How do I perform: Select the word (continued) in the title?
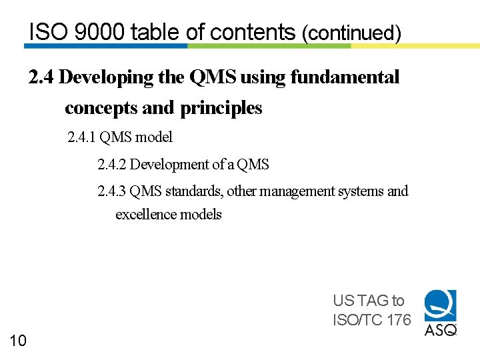351,33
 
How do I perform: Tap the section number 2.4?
41,77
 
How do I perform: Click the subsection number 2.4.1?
81,137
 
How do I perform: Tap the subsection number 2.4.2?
111,164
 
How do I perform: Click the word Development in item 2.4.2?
165,164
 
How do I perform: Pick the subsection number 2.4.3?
111,191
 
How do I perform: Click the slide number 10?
18,341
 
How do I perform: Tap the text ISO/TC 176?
371,320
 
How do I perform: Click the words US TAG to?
368,301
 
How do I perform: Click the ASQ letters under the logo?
441,329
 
